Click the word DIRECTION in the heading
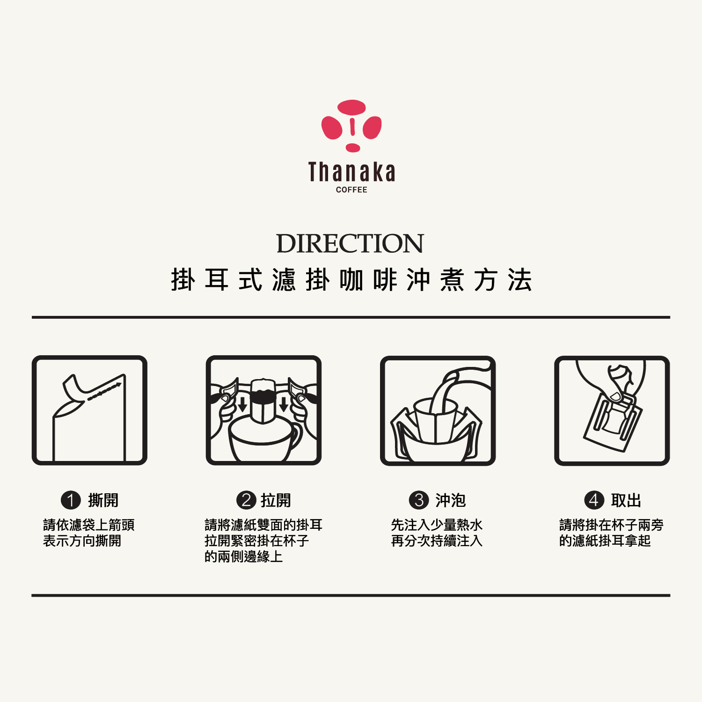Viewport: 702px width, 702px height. pyautogui.click(x=350, y=243)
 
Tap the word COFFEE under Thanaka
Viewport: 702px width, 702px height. pyautogui.click(x=351, y=190)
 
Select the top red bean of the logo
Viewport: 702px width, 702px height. pyautogui.click(x=351, y=107)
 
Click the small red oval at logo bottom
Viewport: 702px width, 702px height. pyautogui.click(x=353, y=148)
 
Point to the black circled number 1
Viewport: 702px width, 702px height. pyautogui.click(x=71, y=500)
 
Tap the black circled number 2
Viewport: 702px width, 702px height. pyautogui.click(x=246, y=500)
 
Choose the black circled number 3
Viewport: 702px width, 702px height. pyautogui.click(x=419, y=500)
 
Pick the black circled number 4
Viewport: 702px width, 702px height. pyautogui.click(x=594, y=500)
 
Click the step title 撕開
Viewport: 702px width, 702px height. pyautogui.click(x=103, y=500)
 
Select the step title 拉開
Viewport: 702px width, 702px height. pyautogui.click(x=276, y=500)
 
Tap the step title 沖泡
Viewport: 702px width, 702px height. pyautogui.click(x=450, y=500)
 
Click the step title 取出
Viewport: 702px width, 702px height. pyautogui.click(x=626, y=500)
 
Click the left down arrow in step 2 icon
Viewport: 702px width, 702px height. pyautogui.click(x=242, y=404)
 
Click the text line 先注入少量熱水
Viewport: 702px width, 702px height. pyautogui.click(x=437, y=525)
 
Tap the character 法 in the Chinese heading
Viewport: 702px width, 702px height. pyautogui.click(x=520, y=280)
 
